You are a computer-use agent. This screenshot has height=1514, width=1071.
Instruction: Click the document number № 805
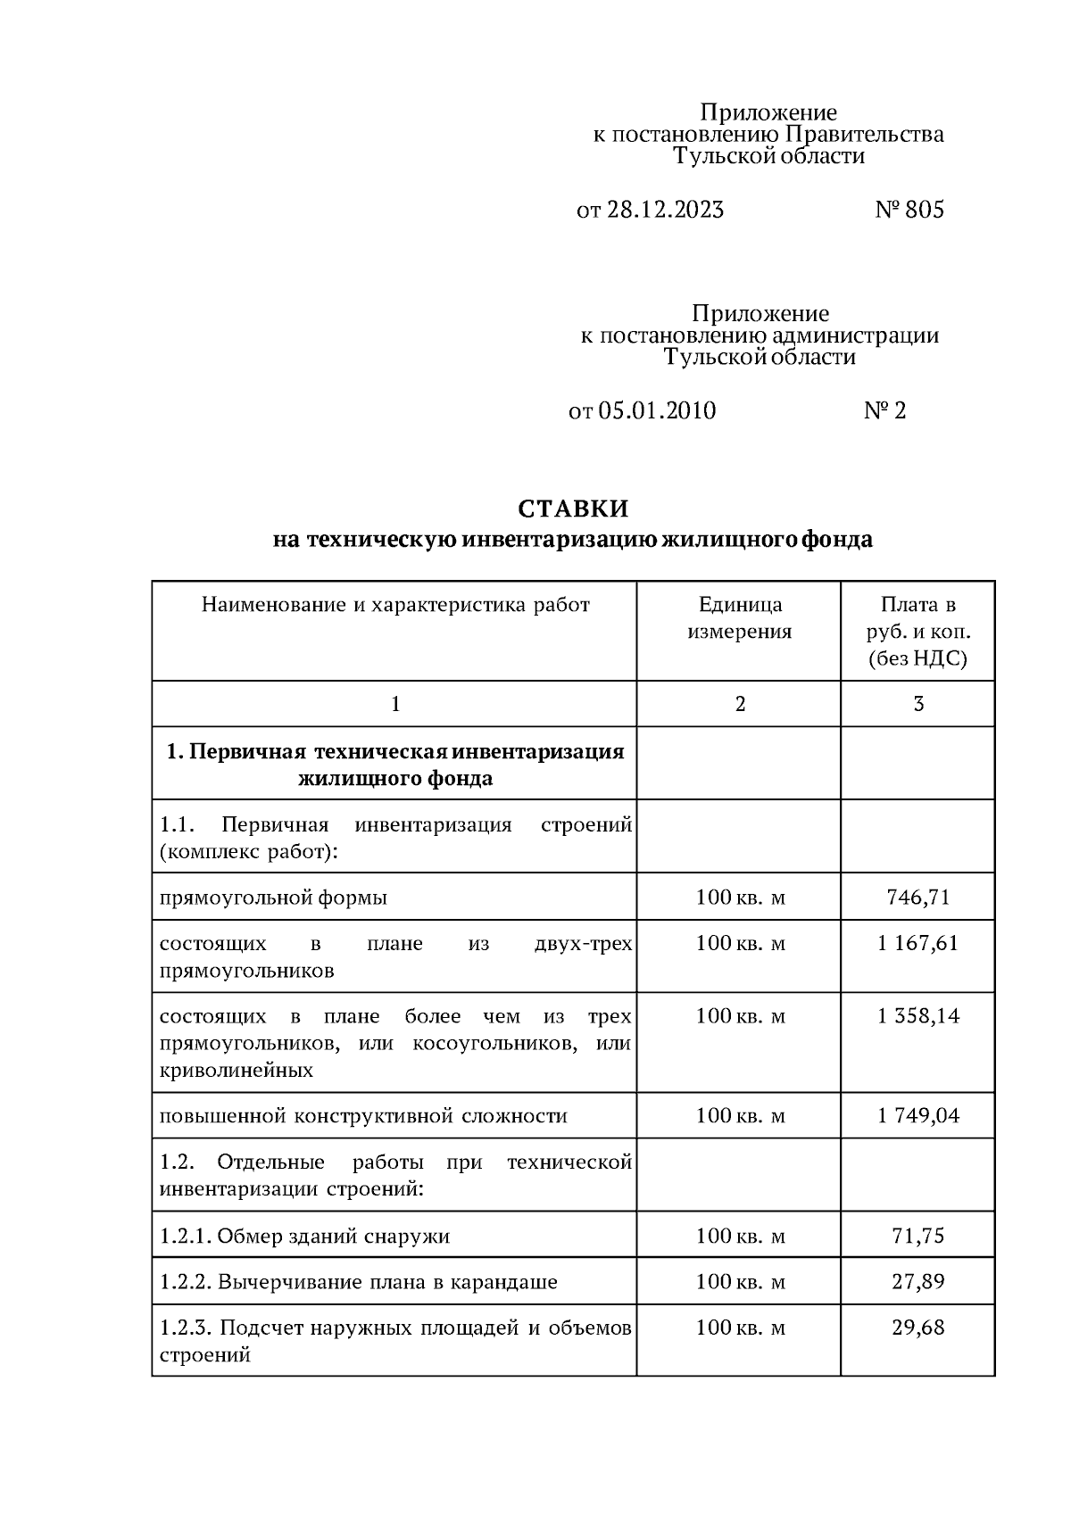pos(909,210)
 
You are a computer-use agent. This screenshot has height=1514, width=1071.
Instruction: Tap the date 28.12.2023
pos(665,210)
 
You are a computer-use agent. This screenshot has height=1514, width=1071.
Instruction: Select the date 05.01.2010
pos(657,410)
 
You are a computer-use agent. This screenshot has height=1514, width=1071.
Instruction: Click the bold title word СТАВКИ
pos(573,509)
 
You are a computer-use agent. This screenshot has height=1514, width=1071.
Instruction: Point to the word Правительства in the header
pos(864,135)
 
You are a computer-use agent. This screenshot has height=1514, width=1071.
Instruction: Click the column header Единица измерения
pos(739,618)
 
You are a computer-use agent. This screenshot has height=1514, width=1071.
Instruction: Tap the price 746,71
pos(918,897)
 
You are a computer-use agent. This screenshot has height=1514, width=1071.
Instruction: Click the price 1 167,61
pos(918,943)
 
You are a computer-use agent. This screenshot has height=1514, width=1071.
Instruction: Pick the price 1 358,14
pos(918,1016)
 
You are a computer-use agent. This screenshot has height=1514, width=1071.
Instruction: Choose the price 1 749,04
pos(918,1115)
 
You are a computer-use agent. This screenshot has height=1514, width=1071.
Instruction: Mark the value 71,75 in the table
pos(918,1236)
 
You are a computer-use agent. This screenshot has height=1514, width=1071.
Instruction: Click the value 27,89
pos(918,1282)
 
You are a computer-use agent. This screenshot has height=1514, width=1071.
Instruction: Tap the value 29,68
pos(918,1328)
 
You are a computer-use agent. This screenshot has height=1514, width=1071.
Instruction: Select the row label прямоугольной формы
pos(273,898)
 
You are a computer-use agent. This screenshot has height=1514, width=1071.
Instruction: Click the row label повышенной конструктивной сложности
pos(363,1116)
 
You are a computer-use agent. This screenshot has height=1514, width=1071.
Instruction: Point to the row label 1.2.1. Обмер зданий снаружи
pos(304,1237)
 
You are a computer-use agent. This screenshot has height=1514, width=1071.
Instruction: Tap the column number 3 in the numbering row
pos(918,704)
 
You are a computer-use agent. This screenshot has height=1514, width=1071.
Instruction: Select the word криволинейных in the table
pos(236,1071)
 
